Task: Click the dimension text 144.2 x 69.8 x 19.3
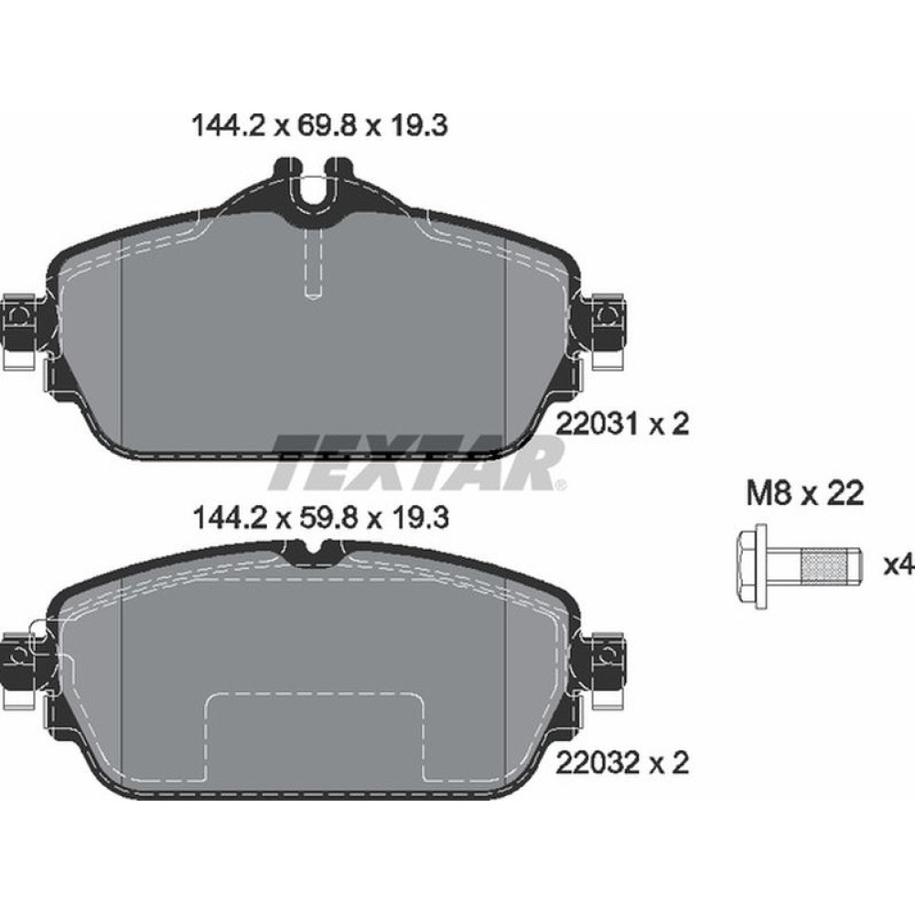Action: click(319, 125)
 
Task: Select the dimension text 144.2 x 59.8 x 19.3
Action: click(319, 519)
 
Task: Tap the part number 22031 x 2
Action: click(621, 424)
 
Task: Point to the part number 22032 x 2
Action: click(621, 762)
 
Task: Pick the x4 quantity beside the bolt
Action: click(899, 565)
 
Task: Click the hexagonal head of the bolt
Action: click(753, 565)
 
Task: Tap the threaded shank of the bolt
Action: click(828, 565)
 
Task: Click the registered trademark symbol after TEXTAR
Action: click(561, 484)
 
